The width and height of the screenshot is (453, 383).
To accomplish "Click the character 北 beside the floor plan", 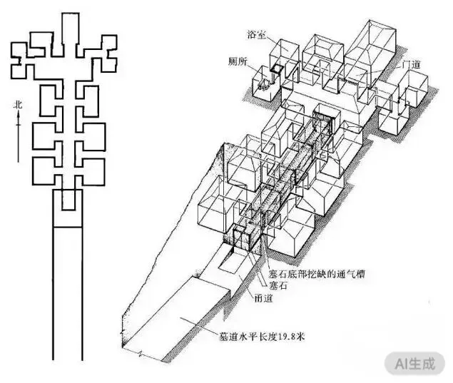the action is point(19,106).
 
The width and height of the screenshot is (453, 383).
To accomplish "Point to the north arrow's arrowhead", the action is point(19,116).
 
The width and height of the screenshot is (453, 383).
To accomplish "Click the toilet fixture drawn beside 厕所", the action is point(264,86).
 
